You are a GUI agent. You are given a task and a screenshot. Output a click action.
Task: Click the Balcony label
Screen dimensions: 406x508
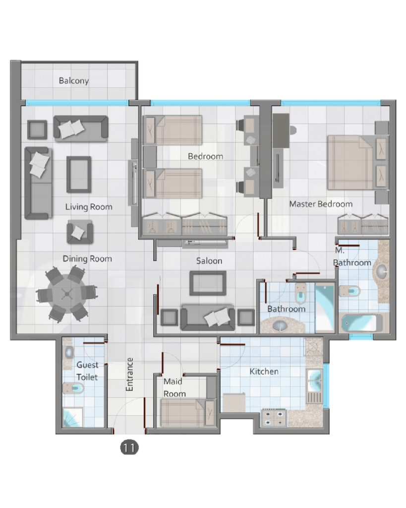click(x=74, y=80)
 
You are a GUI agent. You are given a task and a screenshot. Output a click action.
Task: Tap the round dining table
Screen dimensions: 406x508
click(x=67, y=294)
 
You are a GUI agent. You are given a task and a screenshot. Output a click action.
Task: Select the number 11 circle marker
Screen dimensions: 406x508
click(x=129, y=448)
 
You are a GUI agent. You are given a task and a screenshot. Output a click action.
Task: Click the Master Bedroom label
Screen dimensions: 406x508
click(x=321, y=204)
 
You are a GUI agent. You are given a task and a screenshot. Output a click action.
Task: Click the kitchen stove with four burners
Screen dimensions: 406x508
click(x=274, y=418)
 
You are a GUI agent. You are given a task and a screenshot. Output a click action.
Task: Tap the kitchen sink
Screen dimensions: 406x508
click(x=314, y=381)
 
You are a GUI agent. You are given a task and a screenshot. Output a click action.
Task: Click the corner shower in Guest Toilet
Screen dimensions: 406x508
click(x=72, y=417)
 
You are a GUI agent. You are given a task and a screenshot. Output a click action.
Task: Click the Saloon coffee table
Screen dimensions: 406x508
click(x=208, y=283)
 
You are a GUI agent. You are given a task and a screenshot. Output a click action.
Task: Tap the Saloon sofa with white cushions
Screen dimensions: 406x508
click(x=208, y=317)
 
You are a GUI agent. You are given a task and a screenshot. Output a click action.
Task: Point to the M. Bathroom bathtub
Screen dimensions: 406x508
click(x=362, y=322)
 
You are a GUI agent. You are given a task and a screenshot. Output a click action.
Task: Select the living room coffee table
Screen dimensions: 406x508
click(x=79, y=175)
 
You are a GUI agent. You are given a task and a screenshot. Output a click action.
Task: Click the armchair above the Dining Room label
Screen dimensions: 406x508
click(x=80, y=232)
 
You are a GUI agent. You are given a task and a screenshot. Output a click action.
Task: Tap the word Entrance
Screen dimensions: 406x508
click(x=129, y=374)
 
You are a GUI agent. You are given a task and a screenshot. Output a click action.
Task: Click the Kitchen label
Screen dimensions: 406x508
click(x=264, y=371)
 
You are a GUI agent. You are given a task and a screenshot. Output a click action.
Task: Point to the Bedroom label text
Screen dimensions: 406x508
click(x=206, y=156)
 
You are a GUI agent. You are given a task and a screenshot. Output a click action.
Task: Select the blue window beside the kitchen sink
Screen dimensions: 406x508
click(x=326, y=386)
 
